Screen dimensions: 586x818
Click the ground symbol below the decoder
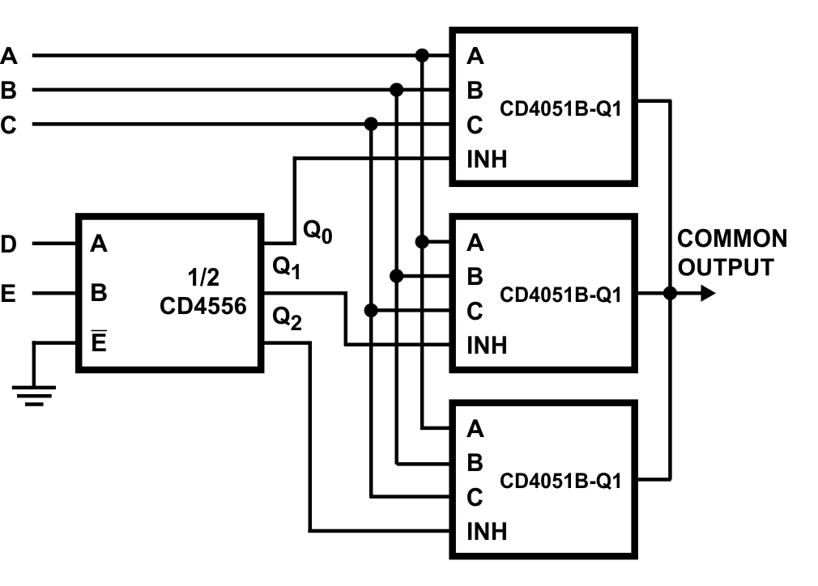[x=34, y=395]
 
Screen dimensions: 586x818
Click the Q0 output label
[x=318, y=231]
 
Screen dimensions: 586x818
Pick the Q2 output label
[x=288, y=320]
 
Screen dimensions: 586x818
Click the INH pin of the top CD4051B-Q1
[x=487, y=159]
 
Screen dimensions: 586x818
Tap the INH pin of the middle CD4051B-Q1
[x=487, y=346]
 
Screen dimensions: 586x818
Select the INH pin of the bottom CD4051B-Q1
[x=487, y=531]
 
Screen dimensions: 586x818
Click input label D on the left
[x=8, y=244]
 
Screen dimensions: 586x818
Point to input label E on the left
[x=8, y=294]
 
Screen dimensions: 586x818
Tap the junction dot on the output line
[x=670, y=293]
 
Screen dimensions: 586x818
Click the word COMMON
[x=732, y=239]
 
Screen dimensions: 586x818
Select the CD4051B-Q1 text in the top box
[x=560, y=109]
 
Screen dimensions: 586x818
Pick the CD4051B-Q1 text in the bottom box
[x=560, y=482]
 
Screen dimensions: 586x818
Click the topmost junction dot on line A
[x=421, y=56]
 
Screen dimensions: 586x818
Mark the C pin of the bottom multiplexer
[x=475, y=496]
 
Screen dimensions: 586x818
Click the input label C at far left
[x=8, y=125]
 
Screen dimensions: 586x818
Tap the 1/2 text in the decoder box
[x=202, y=278]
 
